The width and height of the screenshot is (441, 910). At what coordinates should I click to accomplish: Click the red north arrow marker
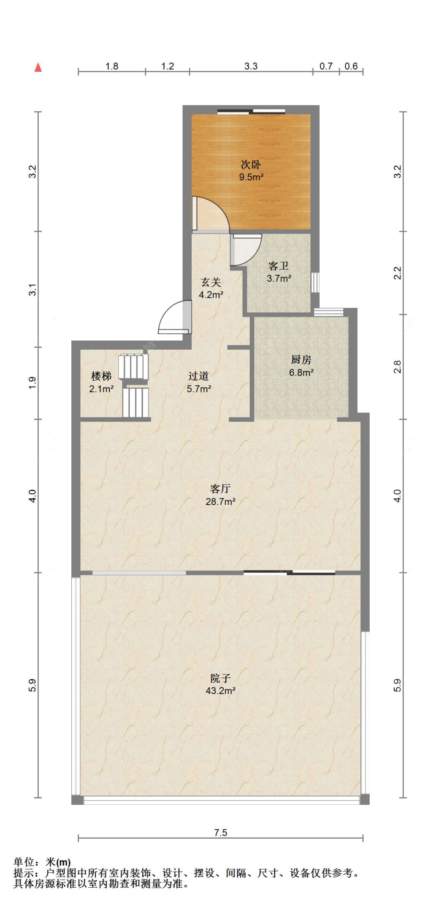(38, 67)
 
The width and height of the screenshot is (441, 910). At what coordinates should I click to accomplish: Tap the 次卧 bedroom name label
(251, 164)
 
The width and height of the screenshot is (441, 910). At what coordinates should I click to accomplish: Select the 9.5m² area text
(251, 177)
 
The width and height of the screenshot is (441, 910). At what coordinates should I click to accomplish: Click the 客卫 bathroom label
(279, 266)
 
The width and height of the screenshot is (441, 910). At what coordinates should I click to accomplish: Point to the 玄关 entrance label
(211, 282)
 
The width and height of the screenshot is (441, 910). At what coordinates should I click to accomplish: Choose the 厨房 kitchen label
(301, 359)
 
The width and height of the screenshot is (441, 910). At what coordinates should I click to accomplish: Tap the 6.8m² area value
(301, 372)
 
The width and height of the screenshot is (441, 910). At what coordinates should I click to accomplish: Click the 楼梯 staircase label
(101, 376)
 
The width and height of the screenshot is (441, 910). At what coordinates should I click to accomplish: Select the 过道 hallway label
(198, 376)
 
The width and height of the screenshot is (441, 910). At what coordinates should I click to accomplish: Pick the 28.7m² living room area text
(221, 501)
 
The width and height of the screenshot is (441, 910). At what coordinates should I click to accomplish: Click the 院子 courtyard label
(221, 678)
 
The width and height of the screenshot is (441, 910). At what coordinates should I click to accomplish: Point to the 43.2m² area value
(221, 690)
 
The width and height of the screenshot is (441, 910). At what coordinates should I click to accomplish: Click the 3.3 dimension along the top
(251, 66)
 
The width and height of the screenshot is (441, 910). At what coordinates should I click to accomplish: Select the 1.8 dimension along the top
(112, 66)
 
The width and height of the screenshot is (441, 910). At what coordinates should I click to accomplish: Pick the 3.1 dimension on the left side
(33, 289)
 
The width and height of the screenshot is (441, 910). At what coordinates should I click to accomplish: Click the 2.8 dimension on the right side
(397, 367)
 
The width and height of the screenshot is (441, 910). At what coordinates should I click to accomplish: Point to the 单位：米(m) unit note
(42, 862)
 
